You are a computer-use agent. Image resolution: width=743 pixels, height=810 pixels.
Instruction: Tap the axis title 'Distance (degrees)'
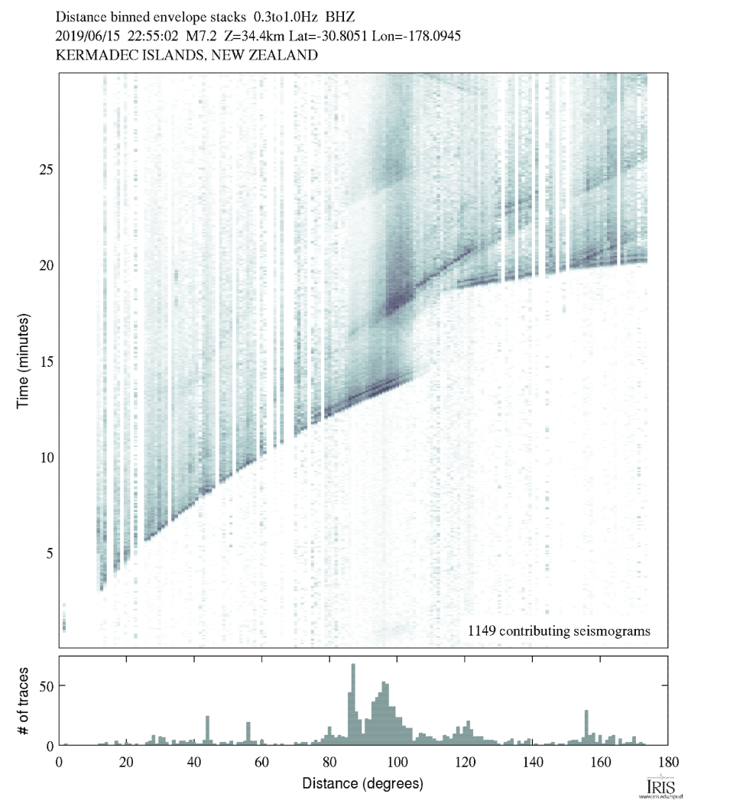coord(362,784)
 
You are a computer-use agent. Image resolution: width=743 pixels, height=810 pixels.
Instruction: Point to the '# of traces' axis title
coord(23,701)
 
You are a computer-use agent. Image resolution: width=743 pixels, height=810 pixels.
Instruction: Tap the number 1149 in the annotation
coord(484,631)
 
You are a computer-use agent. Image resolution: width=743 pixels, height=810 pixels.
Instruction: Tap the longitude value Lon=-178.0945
coord(413,35)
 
